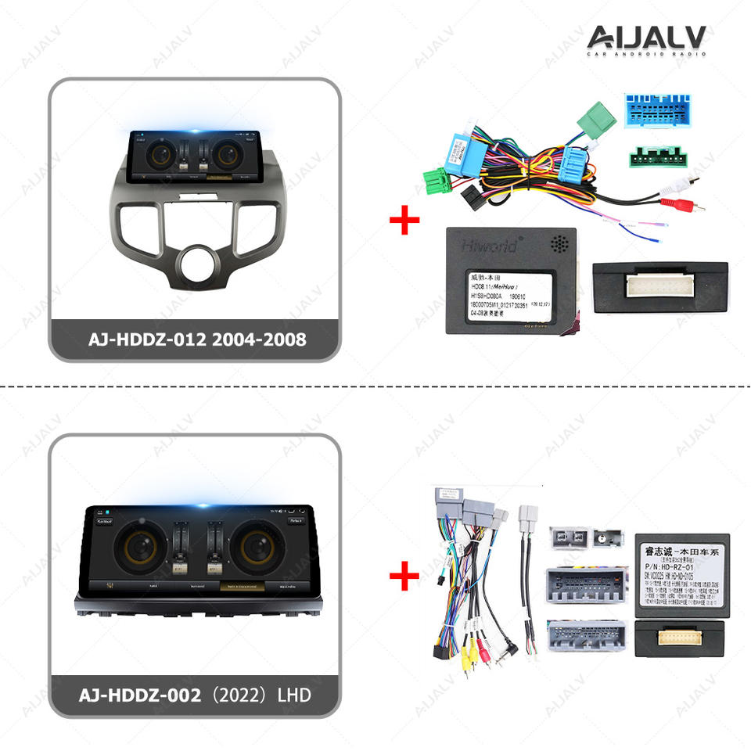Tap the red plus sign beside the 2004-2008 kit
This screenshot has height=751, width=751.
pyautogui.click(x=404, y=221)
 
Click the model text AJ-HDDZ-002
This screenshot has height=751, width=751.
pyautogui.click(x=137, y=694)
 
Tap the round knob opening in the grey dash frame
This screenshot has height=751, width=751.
pyautogui.click(x=195, y=266)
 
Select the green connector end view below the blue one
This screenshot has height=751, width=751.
pyautogui.click(x=659, y=156)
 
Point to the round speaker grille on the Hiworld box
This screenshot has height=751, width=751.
pyautogui.click(x=559, y=244)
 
